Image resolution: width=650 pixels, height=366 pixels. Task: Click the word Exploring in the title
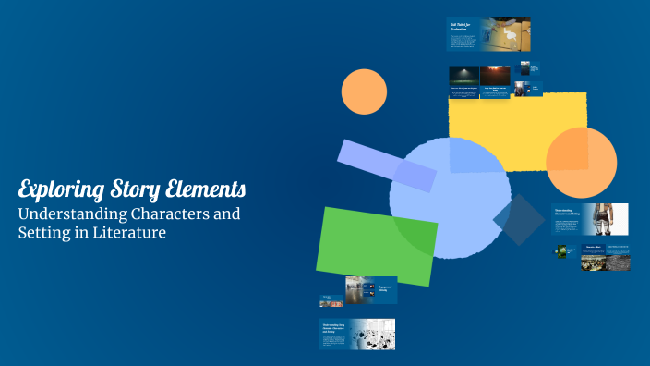pos(58,190)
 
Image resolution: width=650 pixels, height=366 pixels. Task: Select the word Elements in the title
pos(206,190)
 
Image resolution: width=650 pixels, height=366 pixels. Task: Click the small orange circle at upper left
pos(364,91)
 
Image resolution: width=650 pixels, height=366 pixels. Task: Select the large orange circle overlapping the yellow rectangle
pos(581,163)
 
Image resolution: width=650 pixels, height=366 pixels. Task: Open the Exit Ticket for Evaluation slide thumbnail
pos(488,33)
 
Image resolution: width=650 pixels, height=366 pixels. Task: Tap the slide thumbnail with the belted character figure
pos(590,220)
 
